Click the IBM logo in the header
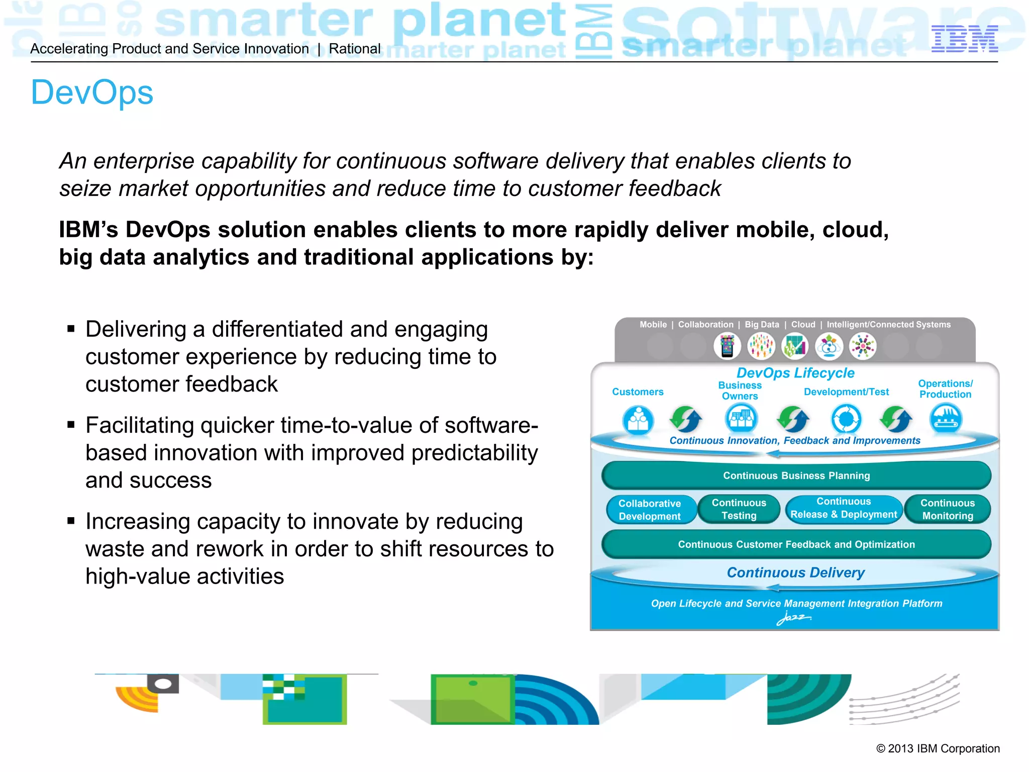point(964,39)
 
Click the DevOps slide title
point(92,93)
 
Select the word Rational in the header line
point(355,49)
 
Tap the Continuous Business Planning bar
point(796,475)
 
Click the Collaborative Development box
point(650,510)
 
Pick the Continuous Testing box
point(739,509)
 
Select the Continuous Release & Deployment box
point(844,508)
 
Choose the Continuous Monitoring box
point(948,509)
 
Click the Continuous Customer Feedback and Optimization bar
point(796,544)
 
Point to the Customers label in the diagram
point(638,392)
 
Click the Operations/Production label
point(945,389)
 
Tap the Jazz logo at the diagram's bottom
point(793,618)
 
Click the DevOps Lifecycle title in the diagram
point(795,373)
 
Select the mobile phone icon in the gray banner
point(727,346)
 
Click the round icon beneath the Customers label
point(638,420)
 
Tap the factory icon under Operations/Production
point(946,419)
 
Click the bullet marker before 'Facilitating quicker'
point(71,425)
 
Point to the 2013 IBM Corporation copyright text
point(938,748)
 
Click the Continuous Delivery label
point(795,572)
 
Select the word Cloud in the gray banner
point(803,325)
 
